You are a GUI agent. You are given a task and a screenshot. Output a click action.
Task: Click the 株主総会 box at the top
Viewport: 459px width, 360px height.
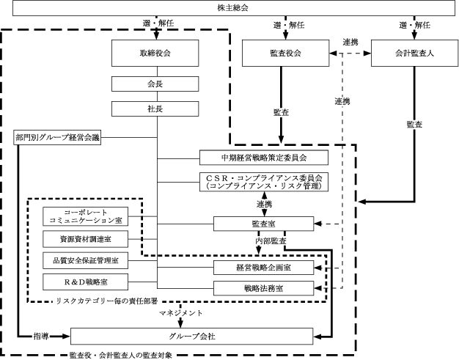point(234,8)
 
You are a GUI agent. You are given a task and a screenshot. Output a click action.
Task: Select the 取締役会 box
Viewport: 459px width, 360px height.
point(155,53)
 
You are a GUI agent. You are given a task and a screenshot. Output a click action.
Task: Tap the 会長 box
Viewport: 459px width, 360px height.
point(155,84)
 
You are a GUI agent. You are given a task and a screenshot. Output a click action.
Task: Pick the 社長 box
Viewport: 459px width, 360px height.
point(155,109)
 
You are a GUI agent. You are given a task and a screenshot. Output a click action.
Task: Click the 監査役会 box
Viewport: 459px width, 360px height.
point(285,53)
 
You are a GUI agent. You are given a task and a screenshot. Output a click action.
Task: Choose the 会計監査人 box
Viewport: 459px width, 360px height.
point(414,53)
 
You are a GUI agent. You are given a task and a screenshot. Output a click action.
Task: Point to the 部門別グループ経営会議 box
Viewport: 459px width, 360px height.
point(57,137)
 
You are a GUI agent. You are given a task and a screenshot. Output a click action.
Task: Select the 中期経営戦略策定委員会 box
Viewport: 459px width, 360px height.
point(264,158)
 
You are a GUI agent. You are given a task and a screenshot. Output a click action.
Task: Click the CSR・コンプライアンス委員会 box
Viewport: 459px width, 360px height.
point(264,182)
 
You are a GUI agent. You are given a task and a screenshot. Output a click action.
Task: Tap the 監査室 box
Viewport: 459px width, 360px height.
point(263,224)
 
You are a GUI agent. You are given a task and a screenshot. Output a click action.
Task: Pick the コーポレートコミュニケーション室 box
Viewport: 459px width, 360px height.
point(86,216)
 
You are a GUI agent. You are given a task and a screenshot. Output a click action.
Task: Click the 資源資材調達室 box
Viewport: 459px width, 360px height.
point(86,239)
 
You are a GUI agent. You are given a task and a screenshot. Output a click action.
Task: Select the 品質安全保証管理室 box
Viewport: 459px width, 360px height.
point(86,260)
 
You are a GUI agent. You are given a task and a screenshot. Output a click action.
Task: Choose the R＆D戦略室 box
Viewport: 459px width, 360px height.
point(86,282)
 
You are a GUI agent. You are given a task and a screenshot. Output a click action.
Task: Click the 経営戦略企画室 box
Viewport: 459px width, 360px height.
point(263,268)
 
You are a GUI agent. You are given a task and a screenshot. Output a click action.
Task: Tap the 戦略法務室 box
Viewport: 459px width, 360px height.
point(263,288)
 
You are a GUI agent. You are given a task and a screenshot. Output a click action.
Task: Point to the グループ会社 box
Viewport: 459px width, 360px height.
point(191,337)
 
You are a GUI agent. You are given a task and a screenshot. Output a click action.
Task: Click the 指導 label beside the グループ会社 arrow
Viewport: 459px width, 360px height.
point(41,337)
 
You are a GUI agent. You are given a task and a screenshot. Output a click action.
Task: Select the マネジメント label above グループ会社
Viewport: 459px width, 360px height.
point(180,313)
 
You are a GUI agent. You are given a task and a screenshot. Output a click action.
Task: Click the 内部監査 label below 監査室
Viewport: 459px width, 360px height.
point(271,241)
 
